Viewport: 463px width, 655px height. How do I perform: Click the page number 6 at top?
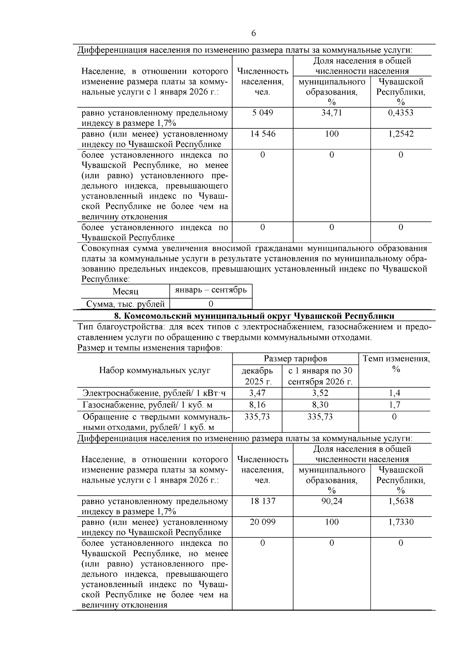pos(253,33)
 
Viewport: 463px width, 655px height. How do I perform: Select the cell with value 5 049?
pos(262,113)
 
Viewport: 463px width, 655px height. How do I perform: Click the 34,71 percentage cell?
pos(331,113)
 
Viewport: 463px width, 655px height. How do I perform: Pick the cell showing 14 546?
pos(262,134)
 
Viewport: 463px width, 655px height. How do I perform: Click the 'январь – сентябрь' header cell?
pos(211,290)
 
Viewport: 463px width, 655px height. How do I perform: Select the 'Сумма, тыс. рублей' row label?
pos(125,304)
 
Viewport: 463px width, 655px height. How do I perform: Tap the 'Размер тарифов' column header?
pos(296,358)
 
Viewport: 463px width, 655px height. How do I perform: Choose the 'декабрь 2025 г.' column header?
pos(257,376)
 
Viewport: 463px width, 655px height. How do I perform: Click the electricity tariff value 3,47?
pos(257,393)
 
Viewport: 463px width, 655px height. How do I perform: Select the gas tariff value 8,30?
pos(320,405)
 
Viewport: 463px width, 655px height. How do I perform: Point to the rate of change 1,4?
pos(394,393)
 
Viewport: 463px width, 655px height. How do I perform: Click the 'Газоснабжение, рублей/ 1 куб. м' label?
pos(148,405)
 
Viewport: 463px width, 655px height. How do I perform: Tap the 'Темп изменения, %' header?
pos(396,364)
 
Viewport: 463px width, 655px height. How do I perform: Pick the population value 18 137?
pos(262,501)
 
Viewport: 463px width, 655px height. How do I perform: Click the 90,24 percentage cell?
pos(331,501)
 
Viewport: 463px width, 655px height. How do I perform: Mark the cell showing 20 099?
pos(262,522)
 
